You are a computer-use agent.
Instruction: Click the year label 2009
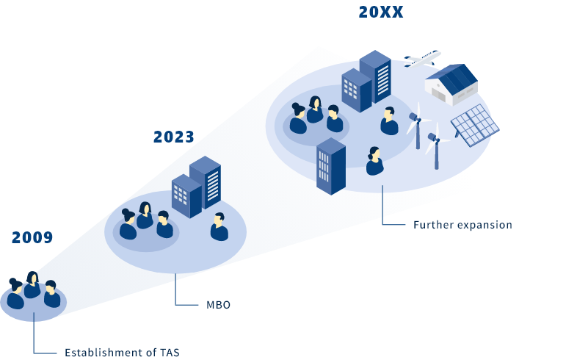coord(32,237)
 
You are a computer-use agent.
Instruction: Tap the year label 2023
coord(174,137)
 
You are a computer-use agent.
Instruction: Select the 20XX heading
coord(380,12)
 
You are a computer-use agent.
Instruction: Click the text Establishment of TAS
coord(122,352)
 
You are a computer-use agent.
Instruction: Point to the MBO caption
coord(218,304)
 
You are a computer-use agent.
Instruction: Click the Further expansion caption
coord(462,225)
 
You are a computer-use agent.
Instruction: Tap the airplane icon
coord(422,59)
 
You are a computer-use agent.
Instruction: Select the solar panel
coord(474,125)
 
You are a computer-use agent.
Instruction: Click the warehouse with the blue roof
coord(451,84)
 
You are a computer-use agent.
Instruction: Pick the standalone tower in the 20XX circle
coord(330,166)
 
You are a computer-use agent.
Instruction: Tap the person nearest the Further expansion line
coord(375,162)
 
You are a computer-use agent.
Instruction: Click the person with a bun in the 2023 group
coord(128,224)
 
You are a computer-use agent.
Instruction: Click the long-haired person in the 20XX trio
coord(315,110)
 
